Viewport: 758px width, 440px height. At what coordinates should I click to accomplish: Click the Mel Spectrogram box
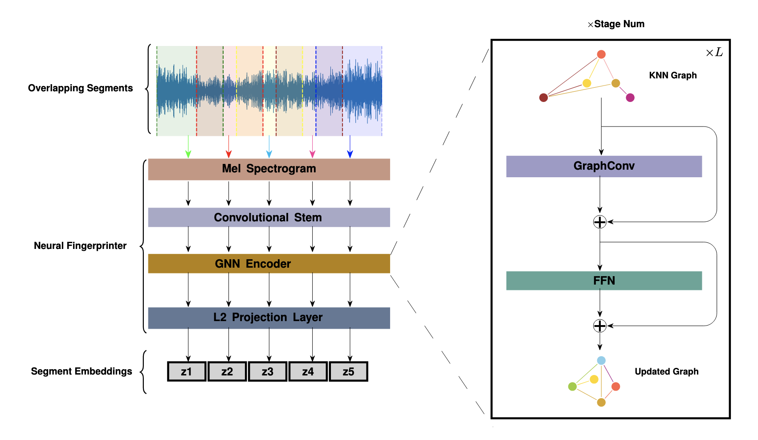(269, 169)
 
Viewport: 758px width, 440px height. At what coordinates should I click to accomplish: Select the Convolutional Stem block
(269, 217)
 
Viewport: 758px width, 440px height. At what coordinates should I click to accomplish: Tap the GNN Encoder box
(269, 264)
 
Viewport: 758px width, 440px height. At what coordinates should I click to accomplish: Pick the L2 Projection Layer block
(269, 318)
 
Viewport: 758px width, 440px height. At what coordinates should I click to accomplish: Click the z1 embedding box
(187, 371)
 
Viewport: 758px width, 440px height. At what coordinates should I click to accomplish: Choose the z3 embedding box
(267, 371)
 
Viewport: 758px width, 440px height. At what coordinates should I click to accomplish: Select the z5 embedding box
(348, 371)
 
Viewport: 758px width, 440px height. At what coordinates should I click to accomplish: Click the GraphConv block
(604, 166)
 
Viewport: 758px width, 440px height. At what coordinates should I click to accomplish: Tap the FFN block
(604, 281)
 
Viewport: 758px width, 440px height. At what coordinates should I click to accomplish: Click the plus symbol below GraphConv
(600, 222)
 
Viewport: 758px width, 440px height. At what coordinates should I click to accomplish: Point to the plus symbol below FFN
(600, 326)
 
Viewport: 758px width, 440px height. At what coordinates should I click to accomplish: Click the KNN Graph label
(672, 75)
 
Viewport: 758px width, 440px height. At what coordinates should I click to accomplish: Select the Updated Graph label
(666, 371)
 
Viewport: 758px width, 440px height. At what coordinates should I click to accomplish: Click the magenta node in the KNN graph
(630, 98)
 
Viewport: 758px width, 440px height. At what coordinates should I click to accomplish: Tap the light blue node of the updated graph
(601, 361)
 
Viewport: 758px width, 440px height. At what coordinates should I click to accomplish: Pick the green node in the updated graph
(573, 387)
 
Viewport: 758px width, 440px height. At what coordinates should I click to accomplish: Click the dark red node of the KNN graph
(543, 98)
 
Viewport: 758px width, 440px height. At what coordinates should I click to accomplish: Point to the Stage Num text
(619, 24)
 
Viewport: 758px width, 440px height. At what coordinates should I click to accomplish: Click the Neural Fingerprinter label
(80, 246)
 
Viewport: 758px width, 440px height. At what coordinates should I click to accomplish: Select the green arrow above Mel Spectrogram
(188, 147)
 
